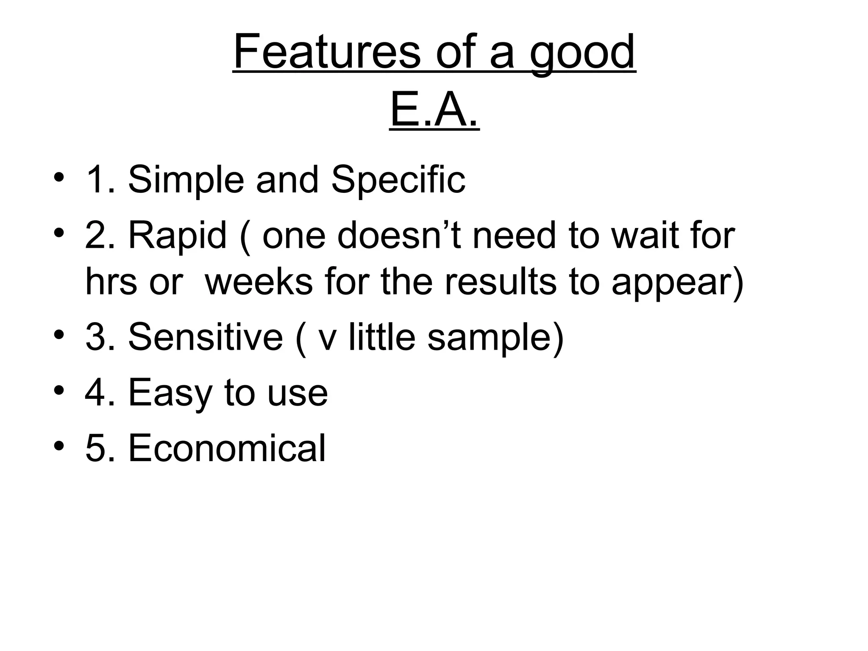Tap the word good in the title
[x=583, y=53]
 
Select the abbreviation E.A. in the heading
[x=434, y=111]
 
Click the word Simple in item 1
[x=186, y=180]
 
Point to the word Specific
[x=398, y=180]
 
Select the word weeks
[x=259, y=283]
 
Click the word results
[x=500, y=283]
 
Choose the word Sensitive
[x=205, y=337]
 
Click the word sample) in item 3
[x=495, y=337]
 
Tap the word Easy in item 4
[x=170, y=393]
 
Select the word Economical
[x=227, y=448]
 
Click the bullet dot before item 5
[x=59, y=447]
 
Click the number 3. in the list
[x=100, y=337]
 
